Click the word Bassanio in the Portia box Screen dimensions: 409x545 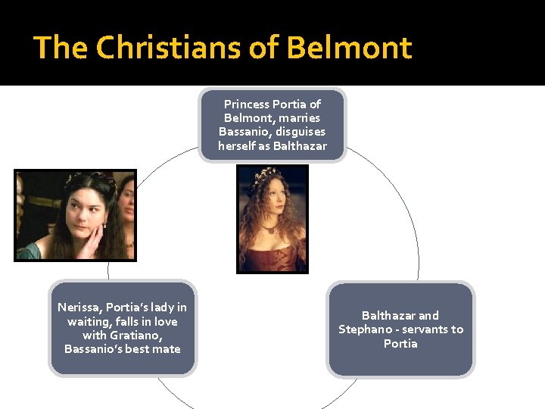tap(241, 132)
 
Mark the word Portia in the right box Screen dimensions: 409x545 tap(400, 344)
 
